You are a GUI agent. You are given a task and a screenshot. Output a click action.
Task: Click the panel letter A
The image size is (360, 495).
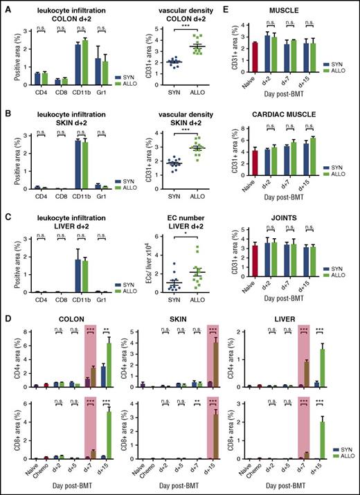[x=6, y=7]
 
